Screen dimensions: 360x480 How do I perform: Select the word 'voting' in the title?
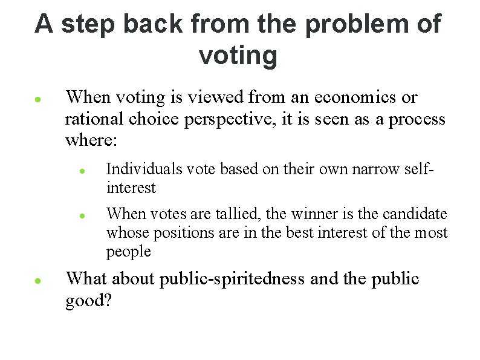click(238, 56)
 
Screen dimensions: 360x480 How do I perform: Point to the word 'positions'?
click(182, 232)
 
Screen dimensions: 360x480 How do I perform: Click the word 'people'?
click(128, 251)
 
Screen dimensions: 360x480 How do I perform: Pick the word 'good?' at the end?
click(88, 301)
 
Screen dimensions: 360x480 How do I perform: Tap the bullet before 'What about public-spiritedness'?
click(37, 281)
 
